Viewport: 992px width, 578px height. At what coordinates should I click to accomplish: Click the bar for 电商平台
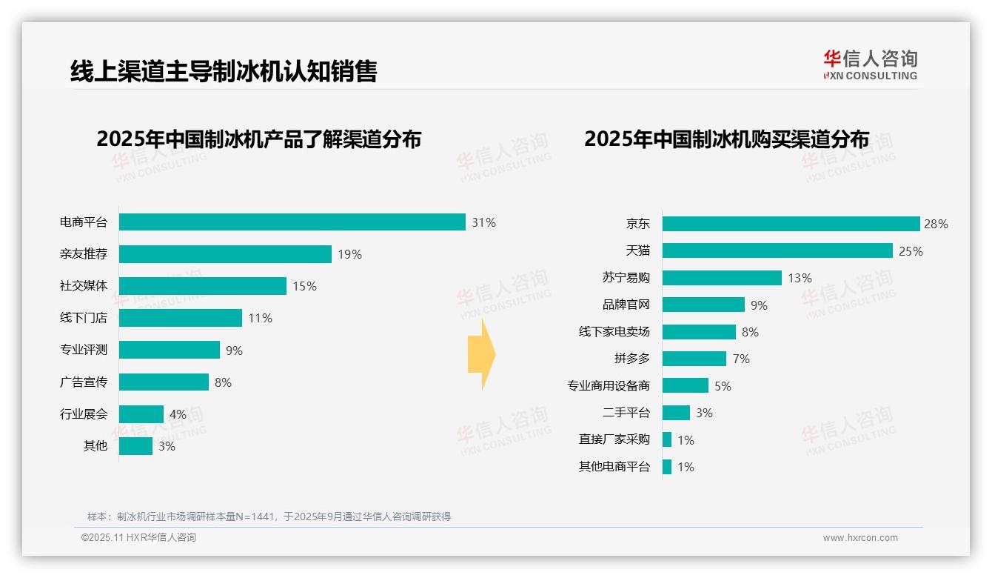[x=292, y=222]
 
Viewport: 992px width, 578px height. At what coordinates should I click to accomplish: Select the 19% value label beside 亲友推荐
[x=349, y=254]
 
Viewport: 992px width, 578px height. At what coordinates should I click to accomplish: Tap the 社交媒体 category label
[x=84, y=286]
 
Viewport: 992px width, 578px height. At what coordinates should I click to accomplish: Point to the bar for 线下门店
[x=181, y=318]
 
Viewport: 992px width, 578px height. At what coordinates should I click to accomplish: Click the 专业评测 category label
[x=84, y=350]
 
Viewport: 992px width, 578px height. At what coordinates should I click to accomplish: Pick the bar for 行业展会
[x=141, y=414]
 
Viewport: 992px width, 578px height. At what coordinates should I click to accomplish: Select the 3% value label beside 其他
[x=167, y=446]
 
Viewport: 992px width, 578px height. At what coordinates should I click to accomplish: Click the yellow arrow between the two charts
[x=481, y=355]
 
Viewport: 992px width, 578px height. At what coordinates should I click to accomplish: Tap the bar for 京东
[x=791, y=224]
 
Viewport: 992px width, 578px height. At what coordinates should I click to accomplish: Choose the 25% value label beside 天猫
[x=911, y=251]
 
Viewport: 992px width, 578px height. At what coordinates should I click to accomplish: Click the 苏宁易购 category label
[x=626, y=278]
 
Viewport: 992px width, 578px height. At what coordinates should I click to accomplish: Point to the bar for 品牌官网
[x=703, y=305]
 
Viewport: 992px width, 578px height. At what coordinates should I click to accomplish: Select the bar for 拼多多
[x=694, y=359]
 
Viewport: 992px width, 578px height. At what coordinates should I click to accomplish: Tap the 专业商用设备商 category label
[x=608, y=386]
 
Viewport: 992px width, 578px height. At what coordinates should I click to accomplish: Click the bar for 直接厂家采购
[x=667, y=439]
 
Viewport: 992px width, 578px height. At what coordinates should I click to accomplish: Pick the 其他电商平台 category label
[x=614, y=467]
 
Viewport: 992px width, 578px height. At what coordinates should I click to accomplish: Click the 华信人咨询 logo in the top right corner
[x=870, y=64]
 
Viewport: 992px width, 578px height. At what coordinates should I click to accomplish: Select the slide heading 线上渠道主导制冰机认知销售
[x=224, y=71]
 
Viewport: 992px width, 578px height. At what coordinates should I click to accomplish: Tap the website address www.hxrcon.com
[x=860, y=538]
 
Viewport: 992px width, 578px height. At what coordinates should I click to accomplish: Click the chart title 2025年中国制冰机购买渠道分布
[x=726, y=139]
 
